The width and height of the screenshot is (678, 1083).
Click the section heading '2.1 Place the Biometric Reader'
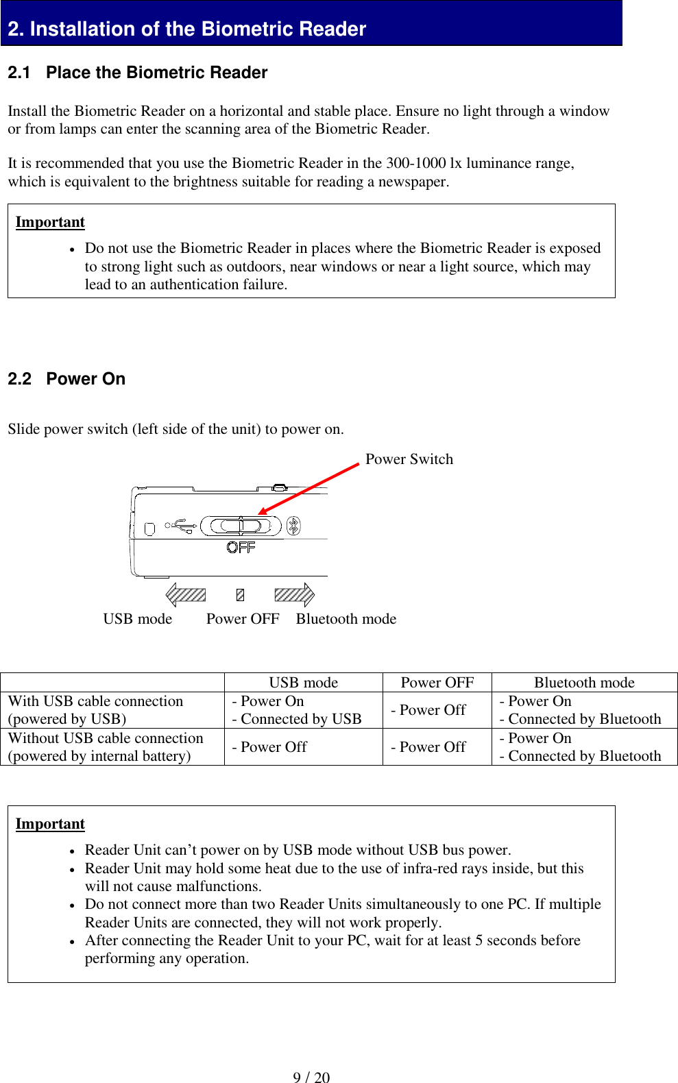tap(137, 73)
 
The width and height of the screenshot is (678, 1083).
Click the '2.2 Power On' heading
tap(66, 379)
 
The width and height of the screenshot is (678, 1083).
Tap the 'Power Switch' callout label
tap(409, 459)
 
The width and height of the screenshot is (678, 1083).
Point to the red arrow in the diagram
tap(308, 488)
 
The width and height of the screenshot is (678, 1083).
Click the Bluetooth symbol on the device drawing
tap(293, 526)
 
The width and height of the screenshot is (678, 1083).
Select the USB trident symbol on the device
tap(181, 526)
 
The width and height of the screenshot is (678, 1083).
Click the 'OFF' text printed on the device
tap(241, 547)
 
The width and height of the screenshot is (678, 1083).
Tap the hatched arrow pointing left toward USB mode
tap(185, 594)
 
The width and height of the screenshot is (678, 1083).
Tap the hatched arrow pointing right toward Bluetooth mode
tap(294, 594)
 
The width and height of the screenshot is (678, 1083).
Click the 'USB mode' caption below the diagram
tap(137, 619)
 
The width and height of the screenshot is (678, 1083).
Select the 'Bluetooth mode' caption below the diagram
tap(346, 619)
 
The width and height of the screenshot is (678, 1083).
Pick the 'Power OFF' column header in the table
tap(437, 683)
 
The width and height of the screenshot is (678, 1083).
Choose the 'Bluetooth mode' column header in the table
tap(584, 683)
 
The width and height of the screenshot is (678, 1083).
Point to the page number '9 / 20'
tap(311, 1078)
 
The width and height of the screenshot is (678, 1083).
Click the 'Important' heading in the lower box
tap(50, 824)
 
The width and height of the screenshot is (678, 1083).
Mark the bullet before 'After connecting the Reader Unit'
tap(71, 942)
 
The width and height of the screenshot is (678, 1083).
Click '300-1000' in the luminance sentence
tap(416, 163)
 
